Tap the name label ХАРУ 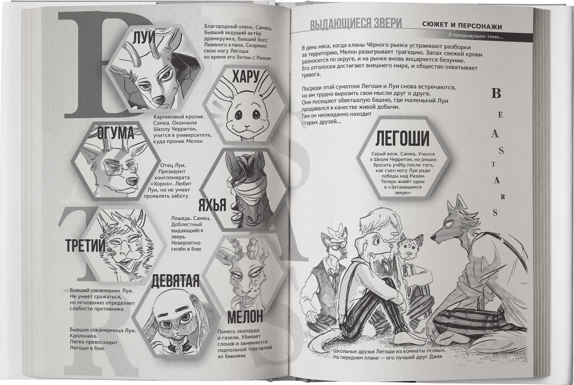click(x=246, y=77)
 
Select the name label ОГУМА click(x=115, y=133)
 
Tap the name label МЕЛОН click(x=245, y=317)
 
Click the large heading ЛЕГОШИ click(x=402, y=138)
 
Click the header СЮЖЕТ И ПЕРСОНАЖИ click(x=462, y=26)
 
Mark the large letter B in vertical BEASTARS click(x=496, y=93)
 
